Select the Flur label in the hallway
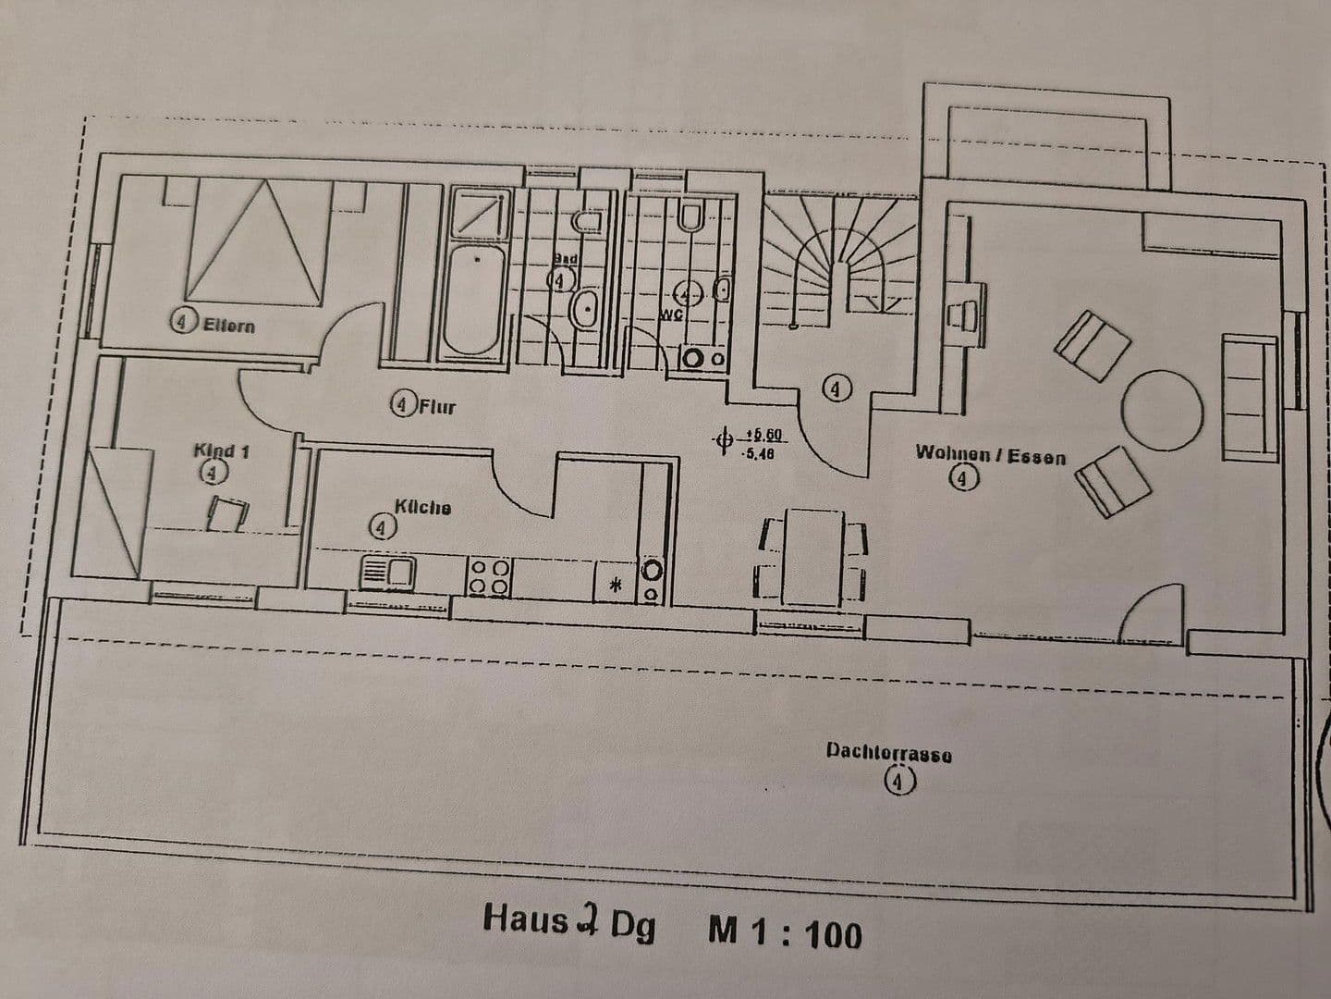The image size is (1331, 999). click(x=436, y=405)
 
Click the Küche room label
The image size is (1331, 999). click(x=422, y=507)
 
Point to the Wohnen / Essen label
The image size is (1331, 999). click(x=990, y=455)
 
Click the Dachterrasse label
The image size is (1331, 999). click(x=888, y=753)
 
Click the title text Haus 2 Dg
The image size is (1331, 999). click(x=568, y=922)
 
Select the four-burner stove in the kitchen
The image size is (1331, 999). click(x=489, y=576)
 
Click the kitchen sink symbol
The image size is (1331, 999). click(x=387, y=573)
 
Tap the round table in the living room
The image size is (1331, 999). click(x=1162, y=408)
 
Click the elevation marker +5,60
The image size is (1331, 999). click(x=763, y=434)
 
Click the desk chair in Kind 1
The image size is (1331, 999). click(x=227, y=514)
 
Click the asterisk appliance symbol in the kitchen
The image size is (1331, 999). click(x=617, y=585)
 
